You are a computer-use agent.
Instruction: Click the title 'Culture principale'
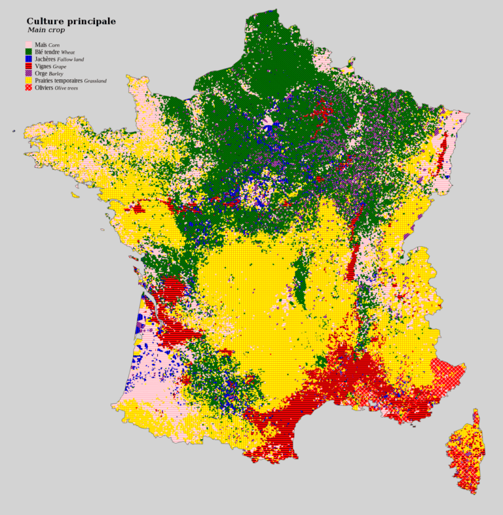pos(71,21)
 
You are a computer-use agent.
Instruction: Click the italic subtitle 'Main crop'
pos(46,30)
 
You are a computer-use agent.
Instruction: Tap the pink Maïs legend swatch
pos(29,44)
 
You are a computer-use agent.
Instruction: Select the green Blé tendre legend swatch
pos(29,51)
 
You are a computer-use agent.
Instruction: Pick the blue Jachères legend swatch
pos(29,59)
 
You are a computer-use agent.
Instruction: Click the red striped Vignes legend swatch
pos(29,66)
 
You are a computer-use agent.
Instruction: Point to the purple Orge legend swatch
pos(29,73)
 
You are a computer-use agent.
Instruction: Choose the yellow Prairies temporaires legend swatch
pos(29,80)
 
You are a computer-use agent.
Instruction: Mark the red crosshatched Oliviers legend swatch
pos(29,88)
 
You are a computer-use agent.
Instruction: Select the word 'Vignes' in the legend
pos(43,66)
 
